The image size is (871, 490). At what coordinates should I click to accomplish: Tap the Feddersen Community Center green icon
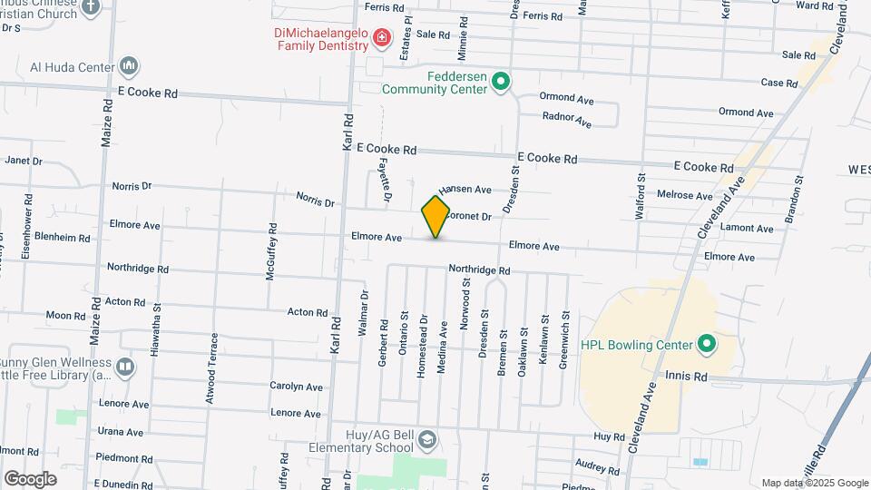[x=500, y=83]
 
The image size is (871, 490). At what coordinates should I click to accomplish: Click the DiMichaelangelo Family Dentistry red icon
[x=382, y=37]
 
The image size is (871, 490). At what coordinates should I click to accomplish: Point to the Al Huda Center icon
[x=128, y=66]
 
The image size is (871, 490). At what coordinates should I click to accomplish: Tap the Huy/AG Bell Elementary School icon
[x=426, y=441]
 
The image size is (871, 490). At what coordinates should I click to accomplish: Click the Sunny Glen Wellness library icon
[x=125, y=367]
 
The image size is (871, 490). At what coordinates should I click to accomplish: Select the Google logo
[x=30, y=478]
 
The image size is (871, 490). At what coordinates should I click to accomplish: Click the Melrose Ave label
[x=684, y=195]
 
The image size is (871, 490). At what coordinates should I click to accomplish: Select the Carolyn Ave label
[x=297, y=387]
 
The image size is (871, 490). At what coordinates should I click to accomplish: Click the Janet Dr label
[x=24, y=161]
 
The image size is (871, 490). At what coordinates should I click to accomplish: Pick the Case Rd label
[x=778, y=83]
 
